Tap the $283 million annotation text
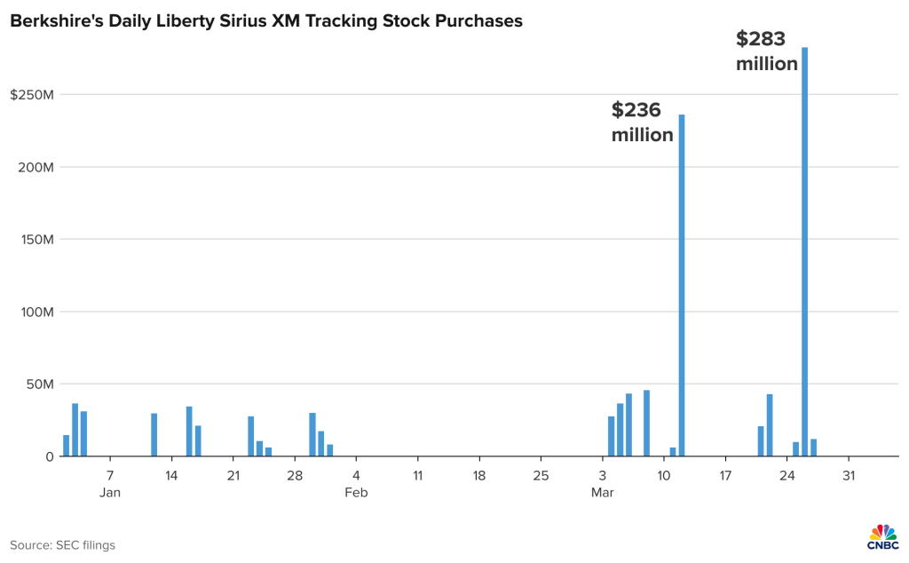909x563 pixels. pyautogui.click(x=766, y=52)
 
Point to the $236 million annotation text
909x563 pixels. pyautogui.click(x=642, y=123)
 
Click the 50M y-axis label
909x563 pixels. pyautogui.click(x=39, y=385)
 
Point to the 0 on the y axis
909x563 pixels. pyautogui.click(x=51, y=456)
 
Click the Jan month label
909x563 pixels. pyautogui.click(x=109, y=492)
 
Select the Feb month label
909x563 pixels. pyautogui.click(x=356, y=492)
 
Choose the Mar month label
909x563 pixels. pyautogui.click(x=603, y=492)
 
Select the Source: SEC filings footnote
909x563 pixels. pyautogui.click(x=63, y=545)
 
